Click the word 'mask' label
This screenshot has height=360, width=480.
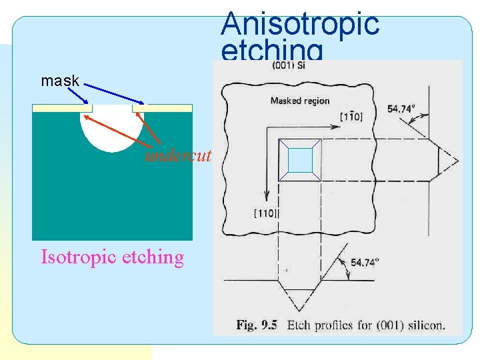(60, 81)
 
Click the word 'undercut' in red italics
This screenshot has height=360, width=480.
(178, 156)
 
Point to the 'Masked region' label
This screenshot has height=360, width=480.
(299, 101)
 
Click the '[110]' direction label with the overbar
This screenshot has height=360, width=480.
(351, 117)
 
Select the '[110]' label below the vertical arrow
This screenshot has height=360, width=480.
(266, 213)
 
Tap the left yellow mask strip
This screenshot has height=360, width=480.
(62, 107)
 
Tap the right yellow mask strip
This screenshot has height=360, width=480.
(162, 107)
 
